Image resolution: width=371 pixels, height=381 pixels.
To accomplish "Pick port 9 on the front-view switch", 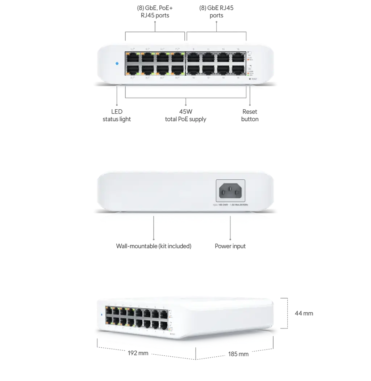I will coord(193,57).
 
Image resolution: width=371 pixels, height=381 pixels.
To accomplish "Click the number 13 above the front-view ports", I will coord(223,49).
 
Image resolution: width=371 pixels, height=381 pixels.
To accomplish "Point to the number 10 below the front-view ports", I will coord(193,78).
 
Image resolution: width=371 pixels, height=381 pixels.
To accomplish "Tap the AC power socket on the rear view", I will coord(230,191).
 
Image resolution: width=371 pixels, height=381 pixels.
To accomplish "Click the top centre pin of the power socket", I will coord(230,187).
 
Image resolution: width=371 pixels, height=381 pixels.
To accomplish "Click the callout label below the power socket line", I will coord(230,246).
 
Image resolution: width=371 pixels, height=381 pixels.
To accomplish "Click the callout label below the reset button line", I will coord(250,115).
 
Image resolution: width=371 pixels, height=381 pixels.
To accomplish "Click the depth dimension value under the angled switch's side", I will coord(239,355).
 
